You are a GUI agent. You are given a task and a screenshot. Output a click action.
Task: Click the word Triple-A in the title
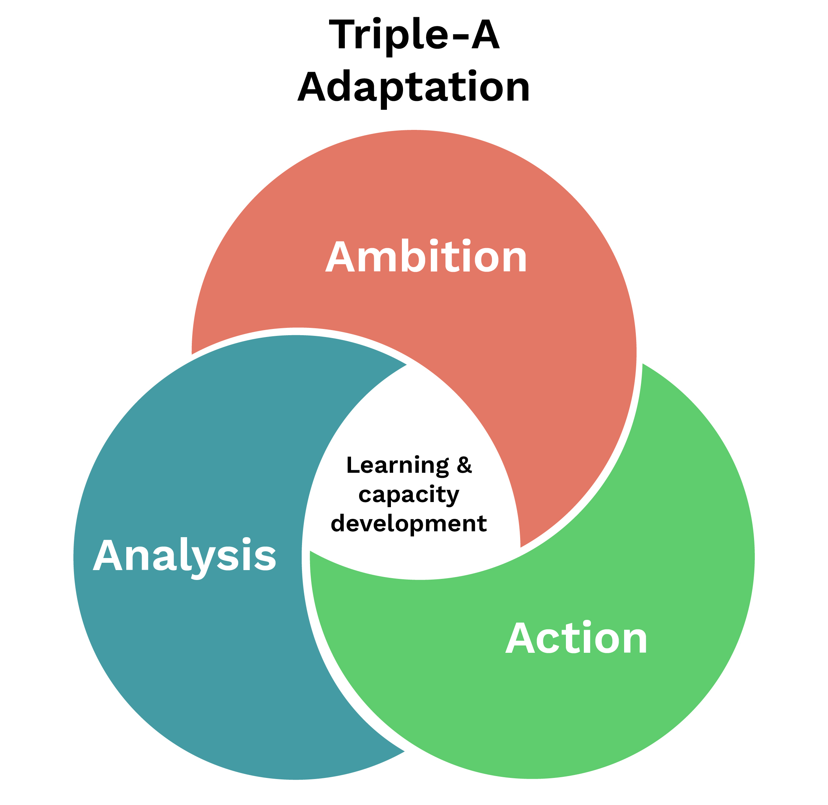coord(414,35)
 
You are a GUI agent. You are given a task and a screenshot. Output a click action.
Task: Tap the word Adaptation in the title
coord(414,87)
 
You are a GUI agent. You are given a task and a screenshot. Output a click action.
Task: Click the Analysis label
coord(184,555)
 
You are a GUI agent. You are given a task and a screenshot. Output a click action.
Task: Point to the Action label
coord(576,639)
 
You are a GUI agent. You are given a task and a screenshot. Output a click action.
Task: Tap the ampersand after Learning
coord(464,465)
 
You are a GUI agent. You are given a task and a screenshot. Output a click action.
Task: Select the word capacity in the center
coord(409,494)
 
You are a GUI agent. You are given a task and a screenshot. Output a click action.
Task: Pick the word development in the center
coord(409,523)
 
